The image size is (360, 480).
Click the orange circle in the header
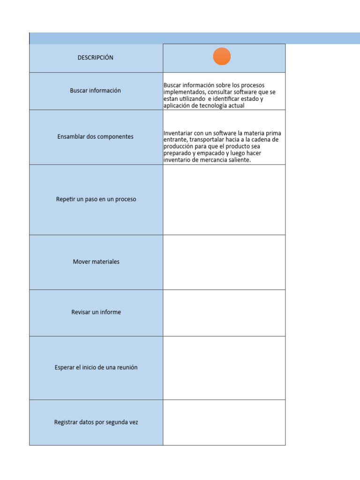[222, 57]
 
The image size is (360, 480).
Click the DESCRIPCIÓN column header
[96, 58]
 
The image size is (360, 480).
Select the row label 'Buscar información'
[96, 90]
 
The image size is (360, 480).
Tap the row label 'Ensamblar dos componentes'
[96, 137]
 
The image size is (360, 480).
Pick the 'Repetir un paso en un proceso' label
[96, 199]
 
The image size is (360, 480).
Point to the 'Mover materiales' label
[96, 262]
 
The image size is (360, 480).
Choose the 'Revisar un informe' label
[96, 312]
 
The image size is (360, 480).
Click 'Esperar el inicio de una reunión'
[96, 367]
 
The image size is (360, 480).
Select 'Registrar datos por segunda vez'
[96, 422]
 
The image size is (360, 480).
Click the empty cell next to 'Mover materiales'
[224, 262]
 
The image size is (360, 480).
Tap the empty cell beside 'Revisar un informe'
[224, 313]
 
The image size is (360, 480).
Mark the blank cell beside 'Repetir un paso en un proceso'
[224, 200]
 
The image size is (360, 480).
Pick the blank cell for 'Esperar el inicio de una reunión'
[224, 368]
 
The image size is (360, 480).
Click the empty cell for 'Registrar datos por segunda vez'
[224, 422]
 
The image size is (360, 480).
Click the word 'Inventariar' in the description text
[178, 134]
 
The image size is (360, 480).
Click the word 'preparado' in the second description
[177, 153]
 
